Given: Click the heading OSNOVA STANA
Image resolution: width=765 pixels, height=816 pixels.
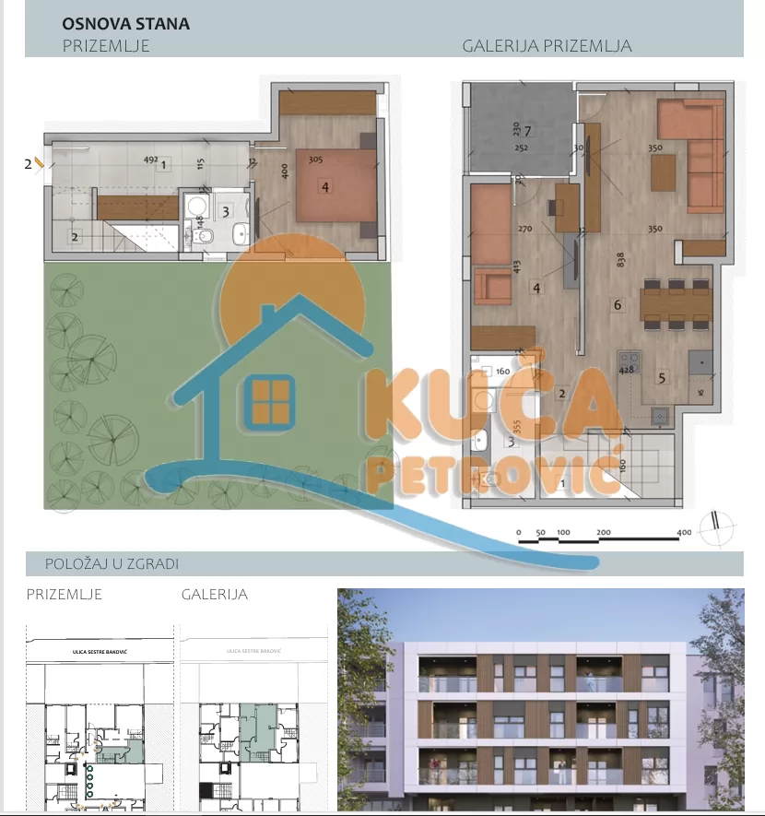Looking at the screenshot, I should [125, 24].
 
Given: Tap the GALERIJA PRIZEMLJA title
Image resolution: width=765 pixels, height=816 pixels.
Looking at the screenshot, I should [547, 45].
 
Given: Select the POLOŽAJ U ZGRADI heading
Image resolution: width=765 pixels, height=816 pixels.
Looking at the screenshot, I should [112, 563].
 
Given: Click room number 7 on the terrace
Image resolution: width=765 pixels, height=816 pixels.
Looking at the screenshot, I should [528, 129].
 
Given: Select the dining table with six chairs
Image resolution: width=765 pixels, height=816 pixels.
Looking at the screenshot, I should [676, 303].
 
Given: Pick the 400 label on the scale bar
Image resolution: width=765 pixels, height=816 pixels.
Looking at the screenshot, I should [684, 532].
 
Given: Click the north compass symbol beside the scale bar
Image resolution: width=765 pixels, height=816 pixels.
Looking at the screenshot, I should [717, 530].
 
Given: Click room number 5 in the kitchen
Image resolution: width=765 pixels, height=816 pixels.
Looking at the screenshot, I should [662, 376].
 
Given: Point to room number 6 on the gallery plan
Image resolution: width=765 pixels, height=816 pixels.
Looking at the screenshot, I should [618, 303].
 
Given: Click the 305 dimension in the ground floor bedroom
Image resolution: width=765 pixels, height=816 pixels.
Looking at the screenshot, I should [315, 159].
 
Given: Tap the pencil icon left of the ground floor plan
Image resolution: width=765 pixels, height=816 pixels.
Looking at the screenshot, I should [39, 163].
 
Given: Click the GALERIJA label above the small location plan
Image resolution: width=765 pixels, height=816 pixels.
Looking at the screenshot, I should [215, 595].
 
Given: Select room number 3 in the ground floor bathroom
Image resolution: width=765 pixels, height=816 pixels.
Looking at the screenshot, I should [226, 210].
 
